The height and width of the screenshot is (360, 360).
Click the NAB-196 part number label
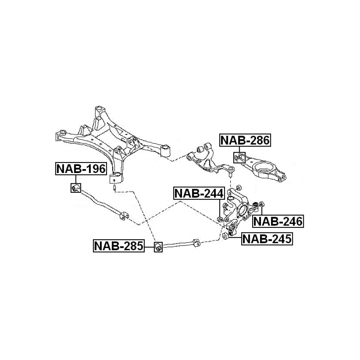[81, 169]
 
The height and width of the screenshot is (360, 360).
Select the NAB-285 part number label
[119, 246]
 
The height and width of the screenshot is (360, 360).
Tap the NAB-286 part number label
[245, 140]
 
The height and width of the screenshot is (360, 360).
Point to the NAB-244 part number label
[199, 193]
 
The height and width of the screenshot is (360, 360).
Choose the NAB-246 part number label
[278, 221]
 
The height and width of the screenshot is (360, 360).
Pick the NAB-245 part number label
[267, 239]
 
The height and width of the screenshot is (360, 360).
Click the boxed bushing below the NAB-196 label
[76, 188]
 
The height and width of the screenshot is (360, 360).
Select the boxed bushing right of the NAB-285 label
[158, 247]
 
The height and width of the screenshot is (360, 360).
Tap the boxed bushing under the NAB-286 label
[239, 157]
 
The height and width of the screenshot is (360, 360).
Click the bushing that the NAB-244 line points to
[220, 219]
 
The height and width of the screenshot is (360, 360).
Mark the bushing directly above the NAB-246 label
[261, 204]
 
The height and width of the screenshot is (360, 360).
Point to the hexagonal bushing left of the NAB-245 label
[225, 236]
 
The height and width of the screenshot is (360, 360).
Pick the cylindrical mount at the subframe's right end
[165, 150]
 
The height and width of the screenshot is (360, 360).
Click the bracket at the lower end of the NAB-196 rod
[124, 216]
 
